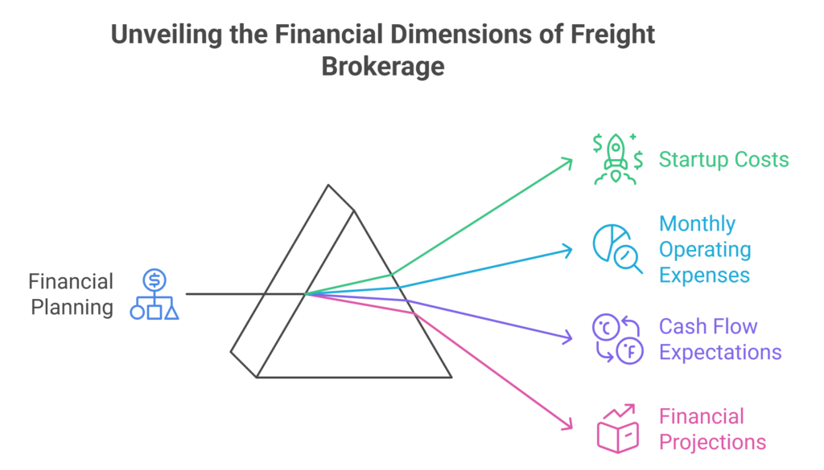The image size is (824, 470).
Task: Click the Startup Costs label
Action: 723,159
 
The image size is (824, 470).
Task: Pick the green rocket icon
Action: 617,159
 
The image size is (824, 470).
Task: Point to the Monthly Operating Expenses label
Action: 705,249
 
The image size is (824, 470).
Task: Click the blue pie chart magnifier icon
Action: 617,249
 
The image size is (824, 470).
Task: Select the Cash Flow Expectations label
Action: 720,339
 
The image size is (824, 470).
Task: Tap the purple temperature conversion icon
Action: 616,339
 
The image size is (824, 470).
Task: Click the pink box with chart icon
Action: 617,430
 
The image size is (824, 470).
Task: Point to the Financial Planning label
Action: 72,294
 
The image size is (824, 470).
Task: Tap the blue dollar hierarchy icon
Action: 154,295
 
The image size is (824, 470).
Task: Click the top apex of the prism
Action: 328,186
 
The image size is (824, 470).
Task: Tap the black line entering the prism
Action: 233,294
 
